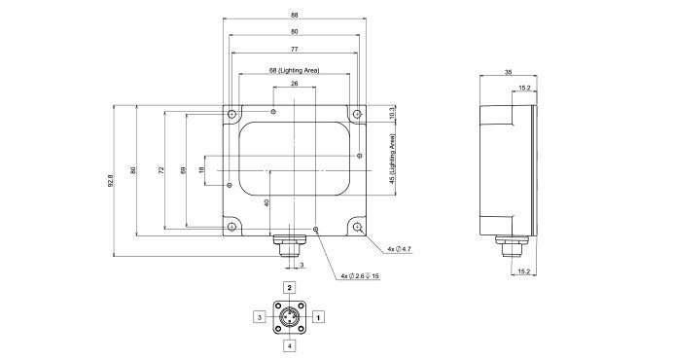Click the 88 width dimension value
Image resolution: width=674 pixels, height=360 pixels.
[x=294, y=15]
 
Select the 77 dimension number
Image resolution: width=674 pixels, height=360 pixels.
[x=294, y=50]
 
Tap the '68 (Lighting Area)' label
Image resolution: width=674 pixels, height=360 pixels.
[x=295, y=70]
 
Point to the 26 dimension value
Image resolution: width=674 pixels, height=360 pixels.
[x=294, y=84]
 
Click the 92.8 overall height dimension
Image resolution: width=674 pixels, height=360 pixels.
[x=110, y=181]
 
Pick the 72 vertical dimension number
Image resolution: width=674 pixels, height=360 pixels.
[x=161, y=170]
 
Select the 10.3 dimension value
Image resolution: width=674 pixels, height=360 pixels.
[x=391, y=114]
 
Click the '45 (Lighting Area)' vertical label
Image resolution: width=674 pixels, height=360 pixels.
[x=392, y=160]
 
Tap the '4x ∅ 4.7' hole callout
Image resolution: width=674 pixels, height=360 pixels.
[x=400, y=249]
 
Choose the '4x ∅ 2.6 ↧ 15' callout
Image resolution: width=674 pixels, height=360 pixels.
[x=360, y=275]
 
